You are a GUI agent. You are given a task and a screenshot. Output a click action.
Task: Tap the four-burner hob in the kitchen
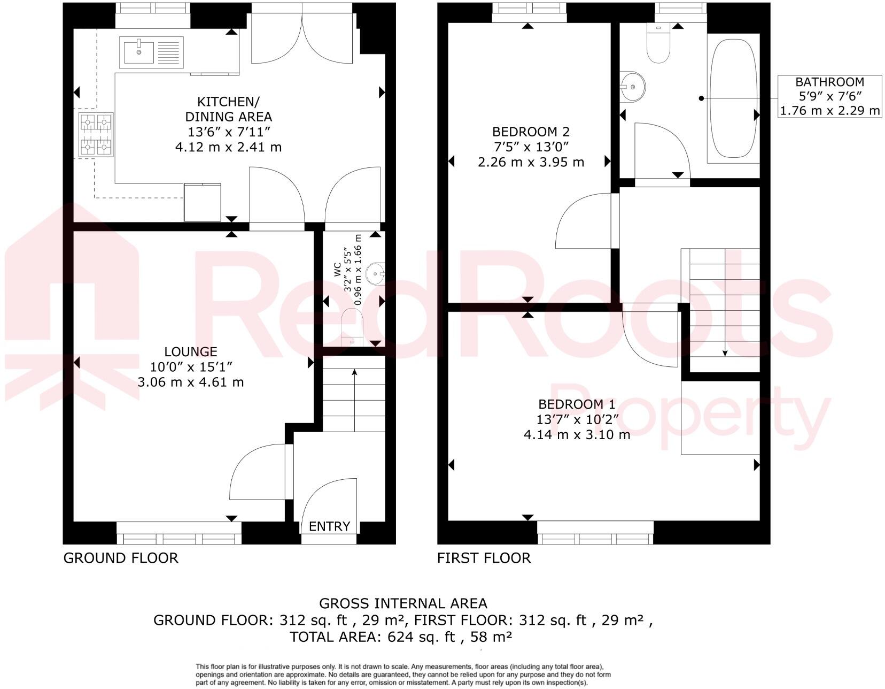(x=96, y=134)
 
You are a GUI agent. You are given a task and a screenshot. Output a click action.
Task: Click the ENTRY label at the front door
(x=329, y=526)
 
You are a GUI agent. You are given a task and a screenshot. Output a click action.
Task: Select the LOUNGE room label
(x=191, y=352)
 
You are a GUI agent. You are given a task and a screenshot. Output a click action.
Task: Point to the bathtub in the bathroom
(x=733, y=99)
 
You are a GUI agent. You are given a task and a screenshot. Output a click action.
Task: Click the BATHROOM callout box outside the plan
(x=829, y=96)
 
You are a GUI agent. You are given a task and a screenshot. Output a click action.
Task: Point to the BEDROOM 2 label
(x=531, y=132)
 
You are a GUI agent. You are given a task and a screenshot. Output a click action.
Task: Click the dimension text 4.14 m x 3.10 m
(x=577, y=435)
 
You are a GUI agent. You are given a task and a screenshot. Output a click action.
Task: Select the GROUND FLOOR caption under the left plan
(x=121, y=558)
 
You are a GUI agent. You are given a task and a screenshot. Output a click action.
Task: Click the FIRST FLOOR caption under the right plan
(x=484, y=558)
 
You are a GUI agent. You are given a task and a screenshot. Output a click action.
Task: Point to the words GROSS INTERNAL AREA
(x=403, y=603)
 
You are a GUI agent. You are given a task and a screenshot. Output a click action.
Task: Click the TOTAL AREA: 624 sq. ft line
(x=401, y=637)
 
